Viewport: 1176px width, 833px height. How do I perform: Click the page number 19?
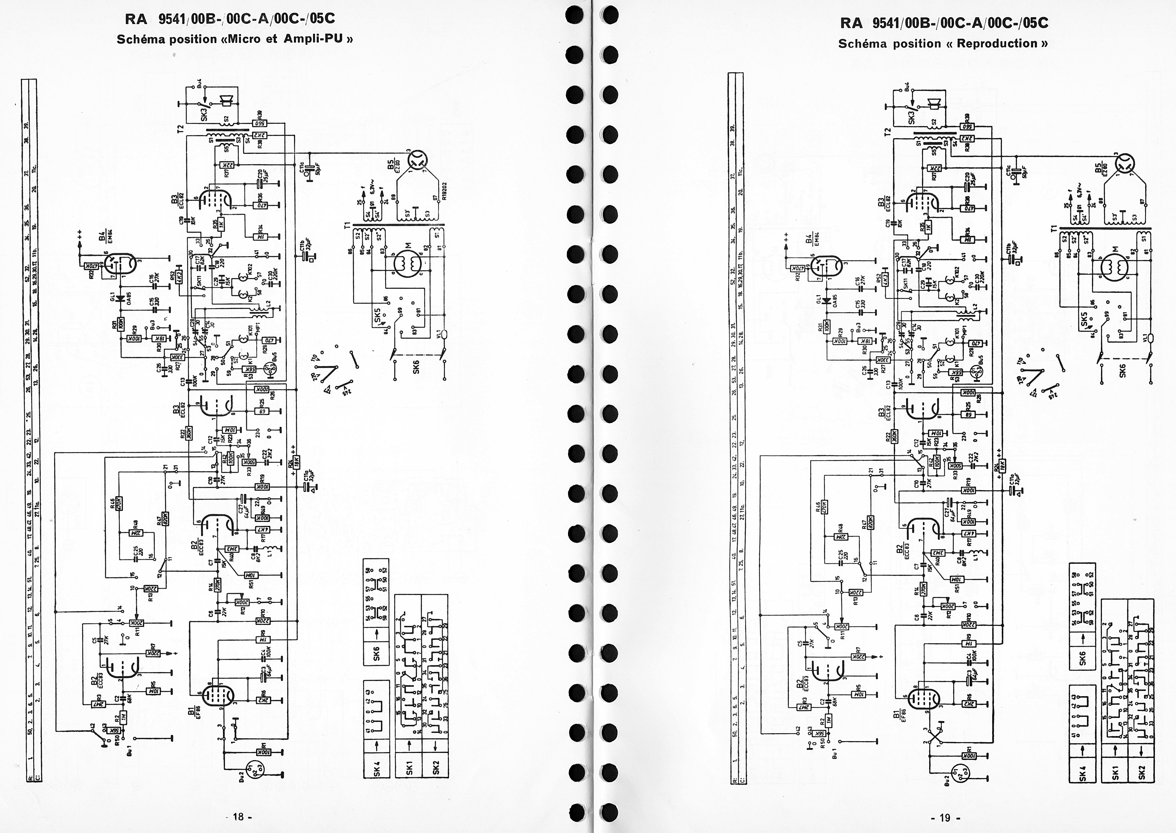(x=945, y=818)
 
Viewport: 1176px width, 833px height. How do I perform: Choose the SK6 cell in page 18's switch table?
(x=377, y=654)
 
